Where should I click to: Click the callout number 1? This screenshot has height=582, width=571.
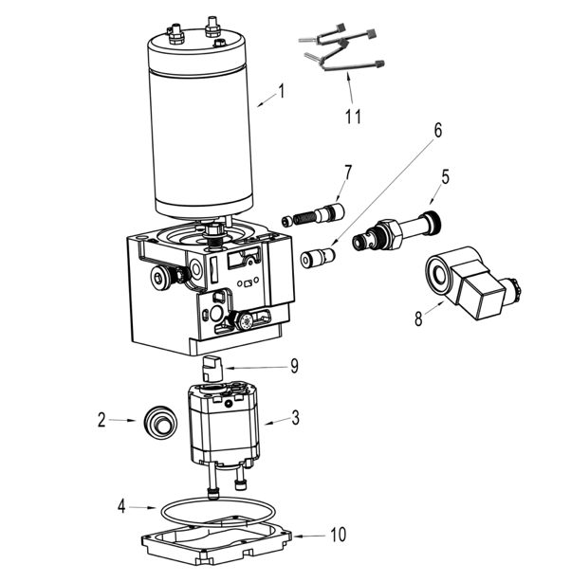[282, 91]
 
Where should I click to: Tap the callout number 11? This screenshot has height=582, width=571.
[353, 117]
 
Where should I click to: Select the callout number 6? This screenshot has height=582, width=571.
[438, 130]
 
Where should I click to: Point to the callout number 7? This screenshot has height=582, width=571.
[348, 173]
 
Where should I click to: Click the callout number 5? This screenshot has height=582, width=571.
[445, 177]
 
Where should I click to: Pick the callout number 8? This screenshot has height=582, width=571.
[418, 318]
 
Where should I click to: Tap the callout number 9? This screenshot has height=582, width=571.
[294, 366]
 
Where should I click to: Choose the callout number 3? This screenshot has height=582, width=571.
[295, 417]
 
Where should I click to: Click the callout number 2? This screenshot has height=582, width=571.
[101, 420]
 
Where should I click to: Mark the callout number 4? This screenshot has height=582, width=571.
[121, 506]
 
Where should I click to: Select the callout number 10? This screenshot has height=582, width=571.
[338, 535]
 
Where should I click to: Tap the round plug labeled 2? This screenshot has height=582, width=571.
[160, 424]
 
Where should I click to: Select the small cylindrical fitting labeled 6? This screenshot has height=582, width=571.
[318, 257]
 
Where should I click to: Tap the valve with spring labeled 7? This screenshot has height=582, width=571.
[313, 215]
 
